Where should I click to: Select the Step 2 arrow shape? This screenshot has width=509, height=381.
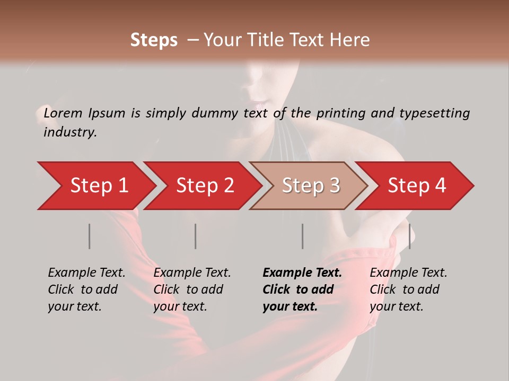pyautogui.click(x=204, y=186)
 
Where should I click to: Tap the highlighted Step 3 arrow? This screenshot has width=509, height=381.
pyautogui.click(x=310, y=186)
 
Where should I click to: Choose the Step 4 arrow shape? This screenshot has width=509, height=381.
pyautogui.click(x=416, y=186)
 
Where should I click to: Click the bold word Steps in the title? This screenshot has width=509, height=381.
pyautogui.click(x=154, y=40)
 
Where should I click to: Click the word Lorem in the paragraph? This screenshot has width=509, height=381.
pyautogui.click(x=63, y=113)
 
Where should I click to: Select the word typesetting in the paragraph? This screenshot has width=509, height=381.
pyautogui.click(x=434, y=113)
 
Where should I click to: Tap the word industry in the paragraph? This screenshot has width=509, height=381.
pyautogui.click(x=70, y=132)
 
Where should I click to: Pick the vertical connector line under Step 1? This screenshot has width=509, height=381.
pyautogui.click(x=90, y=236)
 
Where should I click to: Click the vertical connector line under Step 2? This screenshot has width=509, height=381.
pyautogui.click(x=196, y=236)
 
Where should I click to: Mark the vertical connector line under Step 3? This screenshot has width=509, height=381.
pyautogui.click(x=302, y=236)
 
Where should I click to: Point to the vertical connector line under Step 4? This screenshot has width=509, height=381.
pyautogui.click(x=409, y=236)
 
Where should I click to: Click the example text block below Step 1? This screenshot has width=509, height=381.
pyautogui.click(x=86, y=289)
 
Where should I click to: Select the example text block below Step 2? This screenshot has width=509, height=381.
pyautogui.click(x=192, y=289)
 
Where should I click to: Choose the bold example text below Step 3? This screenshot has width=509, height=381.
pyautogui.click(x=302, y=289)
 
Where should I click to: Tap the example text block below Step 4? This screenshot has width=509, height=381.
pyautogui.click(x=408, y=289)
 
